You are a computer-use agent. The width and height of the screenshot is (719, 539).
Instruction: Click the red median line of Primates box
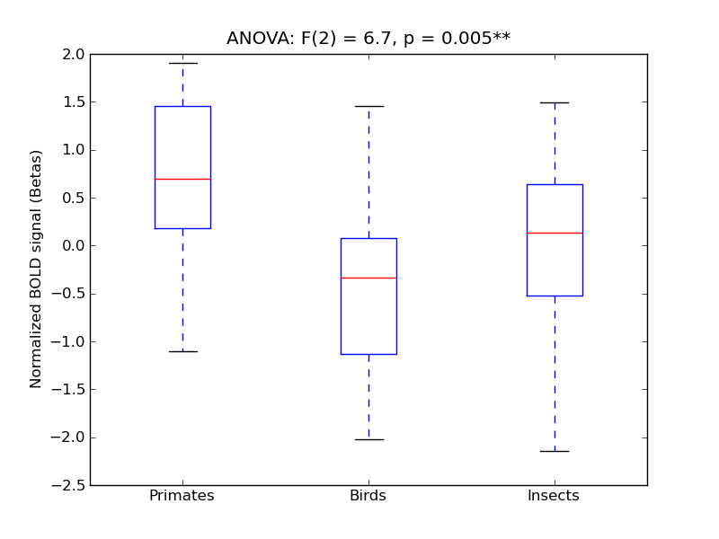point(182,179)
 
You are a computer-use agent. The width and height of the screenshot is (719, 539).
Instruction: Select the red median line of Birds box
point(368,278)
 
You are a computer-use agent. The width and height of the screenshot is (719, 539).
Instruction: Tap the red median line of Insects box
point(555,233)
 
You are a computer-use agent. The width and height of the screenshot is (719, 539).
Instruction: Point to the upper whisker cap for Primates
point(182,63)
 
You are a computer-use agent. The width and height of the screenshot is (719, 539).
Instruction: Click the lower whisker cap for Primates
point(182,351)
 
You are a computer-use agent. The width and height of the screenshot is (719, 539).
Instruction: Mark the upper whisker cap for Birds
point(368,106)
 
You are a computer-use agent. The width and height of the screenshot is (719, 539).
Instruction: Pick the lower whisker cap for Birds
point(368,439)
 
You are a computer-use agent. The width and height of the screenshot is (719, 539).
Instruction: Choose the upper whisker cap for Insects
point(555,102)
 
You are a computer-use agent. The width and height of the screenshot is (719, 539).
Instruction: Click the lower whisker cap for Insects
point(555,451)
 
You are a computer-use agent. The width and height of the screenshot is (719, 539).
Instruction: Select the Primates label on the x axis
point(182,496)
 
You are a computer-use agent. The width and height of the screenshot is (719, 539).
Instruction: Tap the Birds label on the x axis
point(368,496)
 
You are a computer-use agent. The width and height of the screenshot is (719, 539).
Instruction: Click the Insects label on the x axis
point(553,496)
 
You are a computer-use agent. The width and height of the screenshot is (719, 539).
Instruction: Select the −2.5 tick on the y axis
point(68,485)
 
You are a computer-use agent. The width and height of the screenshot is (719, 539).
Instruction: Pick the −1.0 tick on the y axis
point(68,341)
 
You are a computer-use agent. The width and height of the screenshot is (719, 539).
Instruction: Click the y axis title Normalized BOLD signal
point(37,269)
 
